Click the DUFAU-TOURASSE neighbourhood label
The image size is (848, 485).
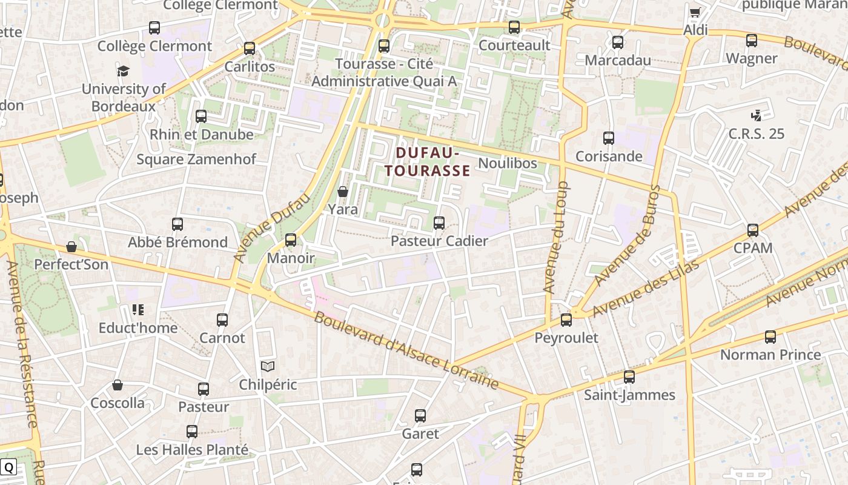point(428,161)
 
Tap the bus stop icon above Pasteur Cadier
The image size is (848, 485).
point(439,223)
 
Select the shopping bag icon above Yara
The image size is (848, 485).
point(343,192)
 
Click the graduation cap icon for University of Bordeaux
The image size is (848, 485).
point(124,71)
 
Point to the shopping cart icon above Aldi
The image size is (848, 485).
point(695,12)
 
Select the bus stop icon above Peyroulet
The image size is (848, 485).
point(566,319)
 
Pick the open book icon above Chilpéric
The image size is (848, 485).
point(268,366)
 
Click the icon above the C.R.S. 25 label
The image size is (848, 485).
point(755,115)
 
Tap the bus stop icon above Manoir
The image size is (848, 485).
point(291,240)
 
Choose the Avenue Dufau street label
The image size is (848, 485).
point(271,229)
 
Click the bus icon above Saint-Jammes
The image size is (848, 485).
point(629,377)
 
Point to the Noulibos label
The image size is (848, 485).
point(508,163)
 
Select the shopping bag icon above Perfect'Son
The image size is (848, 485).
point(71,247)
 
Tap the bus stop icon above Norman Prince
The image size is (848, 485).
point(770,336)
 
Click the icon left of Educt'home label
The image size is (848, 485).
point(137,310)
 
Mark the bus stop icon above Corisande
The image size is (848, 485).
point(609,138)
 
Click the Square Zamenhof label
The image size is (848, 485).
point(196,159)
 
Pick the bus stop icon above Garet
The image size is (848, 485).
point(420,416)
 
